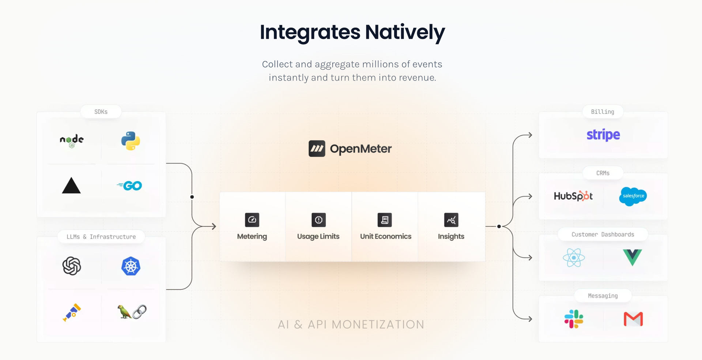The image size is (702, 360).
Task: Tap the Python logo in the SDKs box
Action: [131, 141]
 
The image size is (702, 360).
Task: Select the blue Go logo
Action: [129, 186]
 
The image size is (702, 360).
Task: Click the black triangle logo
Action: [71, 185]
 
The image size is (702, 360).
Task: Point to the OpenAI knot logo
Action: [72, 266]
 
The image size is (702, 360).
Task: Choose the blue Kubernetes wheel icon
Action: [131, 266]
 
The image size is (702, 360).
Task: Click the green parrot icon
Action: [124, 312]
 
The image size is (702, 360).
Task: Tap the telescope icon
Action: [72, 312]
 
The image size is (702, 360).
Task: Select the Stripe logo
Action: [603, 135]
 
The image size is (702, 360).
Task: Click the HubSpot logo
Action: [573, 196]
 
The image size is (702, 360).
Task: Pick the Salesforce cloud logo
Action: [633, 196]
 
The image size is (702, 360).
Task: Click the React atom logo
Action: [574, 258]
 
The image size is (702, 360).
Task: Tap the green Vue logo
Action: [633, 257]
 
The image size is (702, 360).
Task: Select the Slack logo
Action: [574, 319]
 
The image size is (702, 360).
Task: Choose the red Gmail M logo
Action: [633, 319]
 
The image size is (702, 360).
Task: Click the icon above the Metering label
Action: [252, 220]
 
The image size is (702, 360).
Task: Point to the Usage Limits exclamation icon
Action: [318, 220]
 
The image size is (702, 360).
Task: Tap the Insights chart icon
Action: [451, 220]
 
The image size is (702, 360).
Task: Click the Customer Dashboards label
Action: [603, 235]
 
